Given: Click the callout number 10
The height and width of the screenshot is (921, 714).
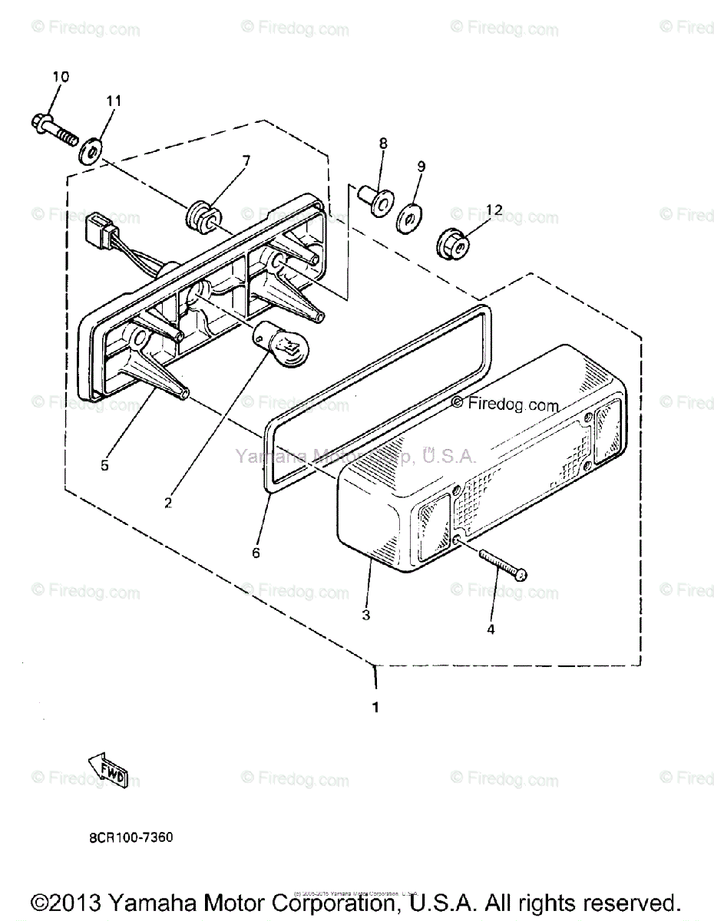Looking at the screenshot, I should pos(61,77).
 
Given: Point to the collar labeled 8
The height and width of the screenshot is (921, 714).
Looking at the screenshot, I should pos(376,200).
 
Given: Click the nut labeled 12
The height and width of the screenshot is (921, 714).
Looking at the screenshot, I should pos(451,244).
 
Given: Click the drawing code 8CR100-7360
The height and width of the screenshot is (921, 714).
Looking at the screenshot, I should pos(131,837).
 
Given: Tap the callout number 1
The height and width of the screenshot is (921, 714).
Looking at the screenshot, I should pos(375,708).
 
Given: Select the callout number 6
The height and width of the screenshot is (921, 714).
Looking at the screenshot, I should pos(256,553).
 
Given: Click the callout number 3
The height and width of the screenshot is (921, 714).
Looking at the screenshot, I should pos(366,615).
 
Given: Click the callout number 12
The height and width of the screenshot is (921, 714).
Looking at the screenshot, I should pos(494,210).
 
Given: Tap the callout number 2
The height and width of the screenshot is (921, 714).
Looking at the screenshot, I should pos(167,503).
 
